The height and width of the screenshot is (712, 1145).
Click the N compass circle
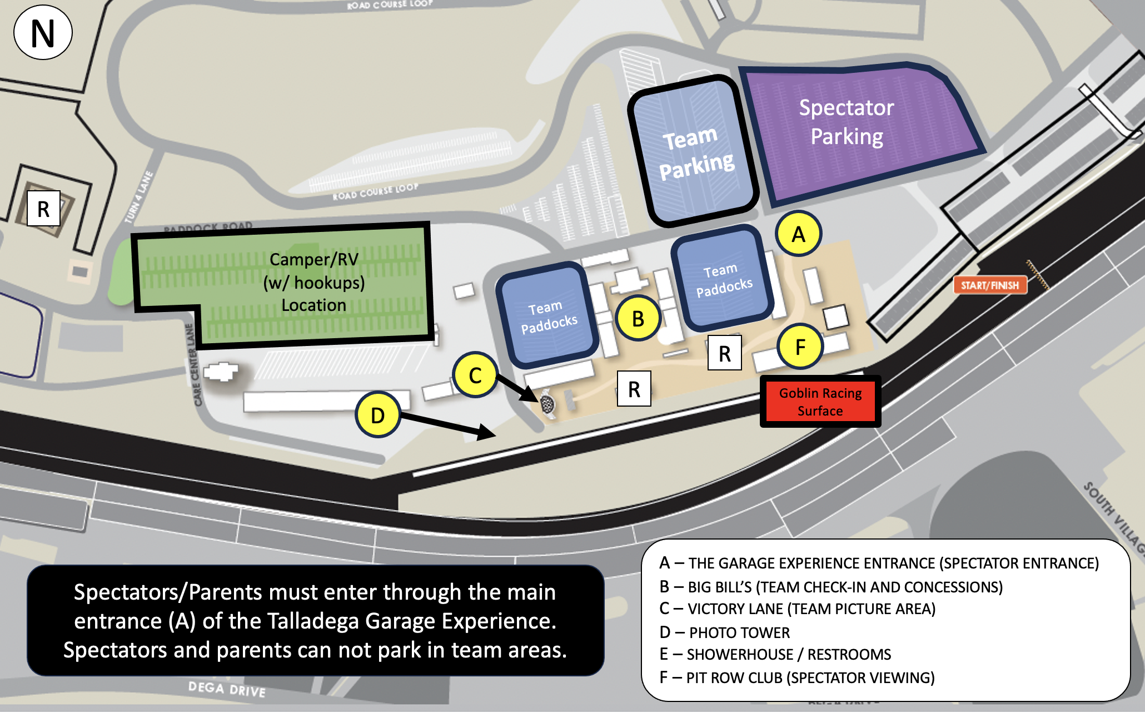(43, 33)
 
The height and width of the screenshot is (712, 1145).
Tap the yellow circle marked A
(798, 234)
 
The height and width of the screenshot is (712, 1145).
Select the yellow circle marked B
(638, 319)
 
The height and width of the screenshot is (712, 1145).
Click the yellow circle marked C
(475, 375)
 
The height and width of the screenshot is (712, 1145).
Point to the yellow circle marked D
(378, 415)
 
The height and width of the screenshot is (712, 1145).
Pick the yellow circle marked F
(800, 347)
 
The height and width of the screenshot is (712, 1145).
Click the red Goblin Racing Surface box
(820, 402)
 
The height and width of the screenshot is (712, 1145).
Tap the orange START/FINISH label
(990, 285)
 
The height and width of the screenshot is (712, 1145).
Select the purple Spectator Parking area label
(847, 122)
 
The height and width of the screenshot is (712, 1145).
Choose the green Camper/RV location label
(314, 283)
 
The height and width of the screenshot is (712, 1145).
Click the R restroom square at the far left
(43, 209)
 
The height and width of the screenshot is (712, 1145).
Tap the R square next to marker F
(724, 353)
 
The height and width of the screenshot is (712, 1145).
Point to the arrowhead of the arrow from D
(489, 433)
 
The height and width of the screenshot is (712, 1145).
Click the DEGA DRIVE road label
(227, 690)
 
